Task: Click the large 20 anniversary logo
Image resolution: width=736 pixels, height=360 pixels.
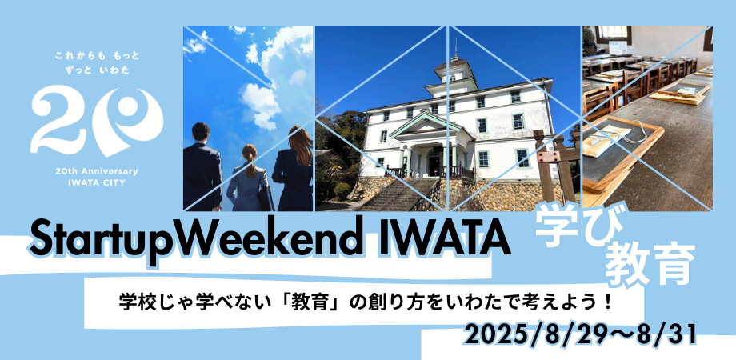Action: click(x=97, y=119)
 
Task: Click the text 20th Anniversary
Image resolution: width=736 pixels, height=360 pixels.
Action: click(x=98, y=171)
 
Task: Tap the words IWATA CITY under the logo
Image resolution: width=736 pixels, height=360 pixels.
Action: click(x=98, y=182)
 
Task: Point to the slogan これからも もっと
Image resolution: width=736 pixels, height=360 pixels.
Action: click(x=97, y=56)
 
